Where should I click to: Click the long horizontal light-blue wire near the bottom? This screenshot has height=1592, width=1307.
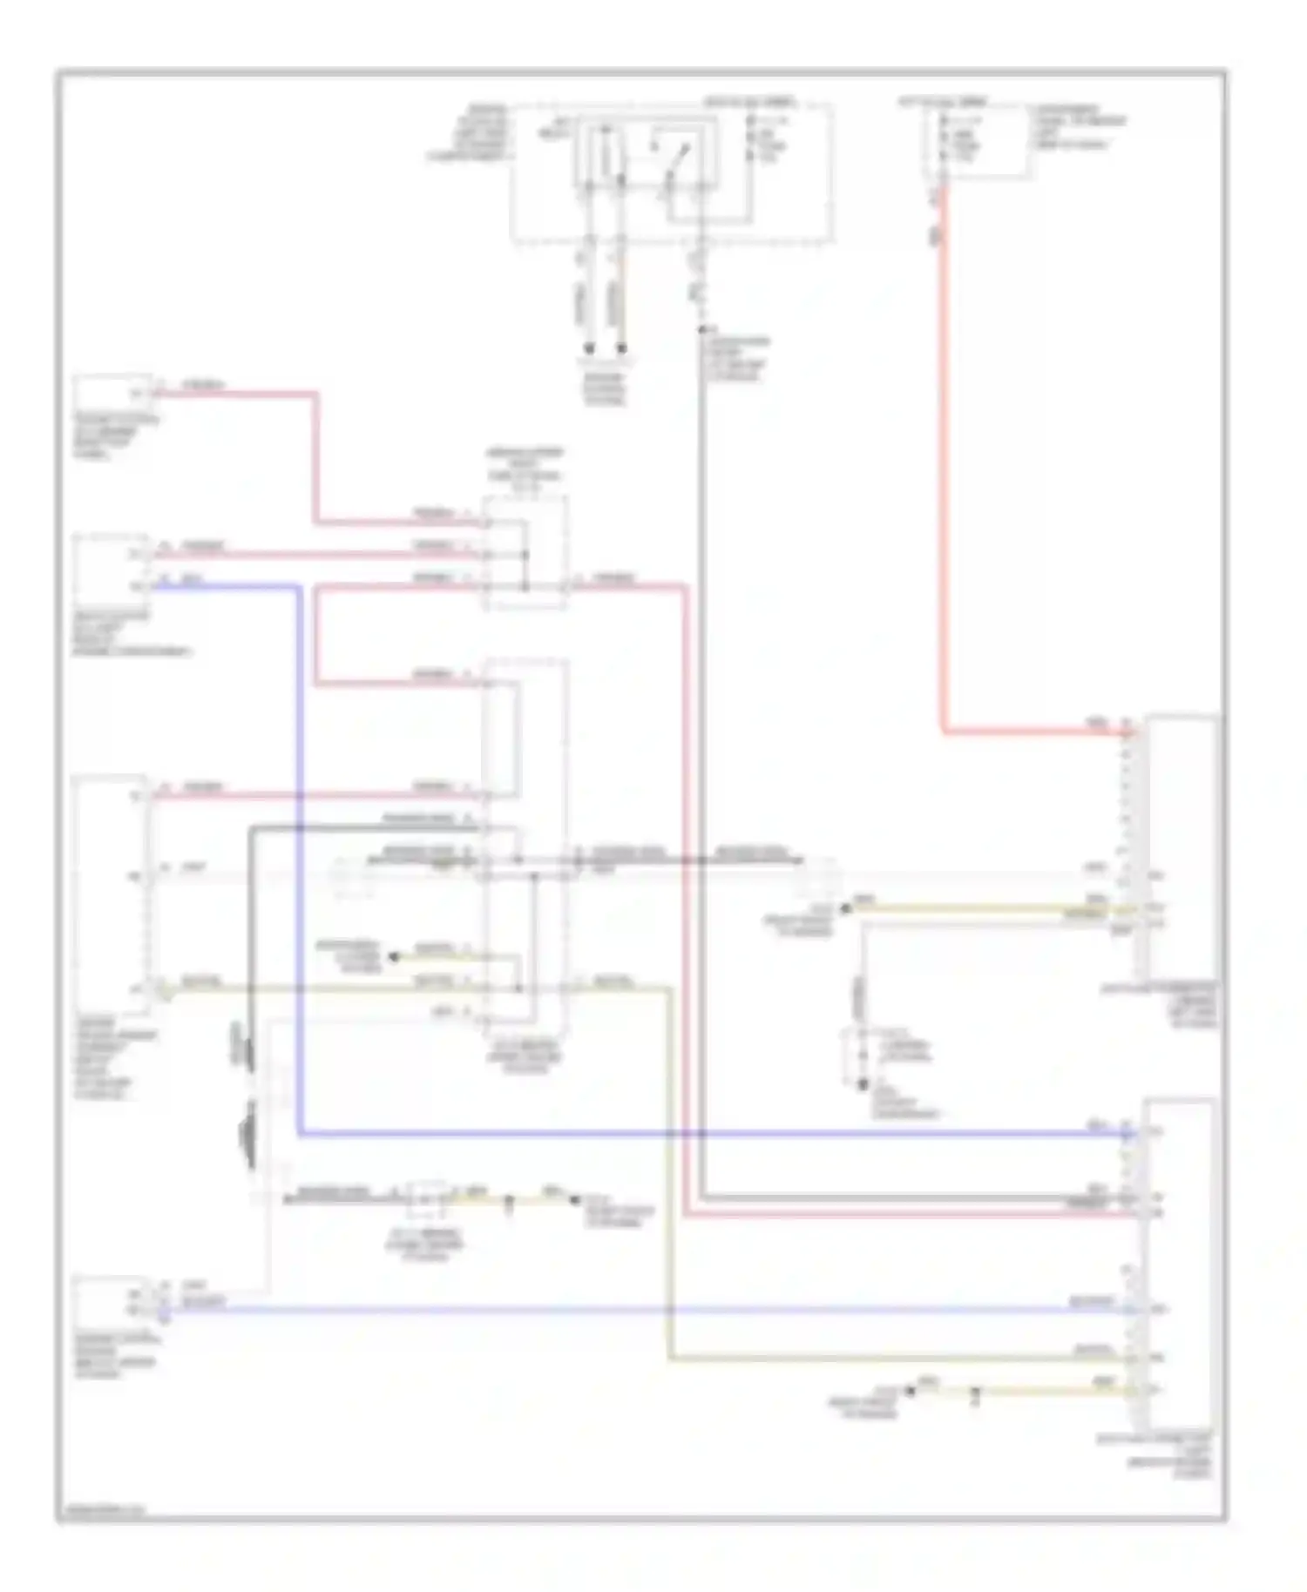(645, 1309)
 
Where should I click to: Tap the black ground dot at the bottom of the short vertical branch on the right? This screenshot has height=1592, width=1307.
(863, 1084)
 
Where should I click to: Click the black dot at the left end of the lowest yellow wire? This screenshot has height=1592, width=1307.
(911, 1391)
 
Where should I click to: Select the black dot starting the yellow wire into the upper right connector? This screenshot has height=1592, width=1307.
(843, 909)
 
